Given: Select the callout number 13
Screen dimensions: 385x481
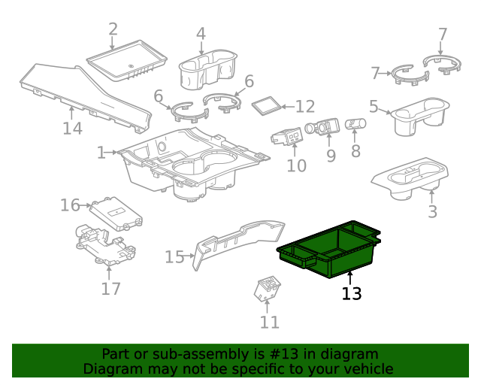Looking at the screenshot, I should point(352,293).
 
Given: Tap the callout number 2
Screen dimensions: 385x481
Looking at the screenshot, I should point(113,30).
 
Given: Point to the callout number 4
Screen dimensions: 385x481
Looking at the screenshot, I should point(201,34).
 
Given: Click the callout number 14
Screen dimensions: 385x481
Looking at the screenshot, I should point(72,129).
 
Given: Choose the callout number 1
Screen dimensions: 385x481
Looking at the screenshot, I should point(101,153).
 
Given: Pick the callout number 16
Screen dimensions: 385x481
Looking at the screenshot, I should point(70,205).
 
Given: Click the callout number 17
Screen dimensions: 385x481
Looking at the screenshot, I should point(110,288).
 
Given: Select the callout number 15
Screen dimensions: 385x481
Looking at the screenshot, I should point(174,257).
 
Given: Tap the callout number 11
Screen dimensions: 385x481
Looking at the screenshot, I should point(270,322).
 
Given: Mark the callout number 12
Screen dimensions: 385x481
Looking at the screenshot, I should point(304,107).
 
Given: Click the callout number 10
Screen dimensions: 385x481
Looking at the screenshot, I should point(297,164).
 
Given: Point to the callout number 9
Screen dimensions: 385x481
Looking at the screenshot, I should point(331,156).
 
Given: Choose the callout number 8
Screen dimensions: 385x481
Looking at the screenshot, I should point(355,150).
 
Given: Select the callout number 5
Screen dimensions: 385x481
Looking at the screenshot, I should point(374,107).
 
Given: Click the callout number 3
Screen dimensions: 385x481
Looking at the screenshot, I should point(432,211).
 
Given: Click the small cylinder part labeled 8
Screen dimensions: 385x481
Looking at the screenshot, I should point(355,124).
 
